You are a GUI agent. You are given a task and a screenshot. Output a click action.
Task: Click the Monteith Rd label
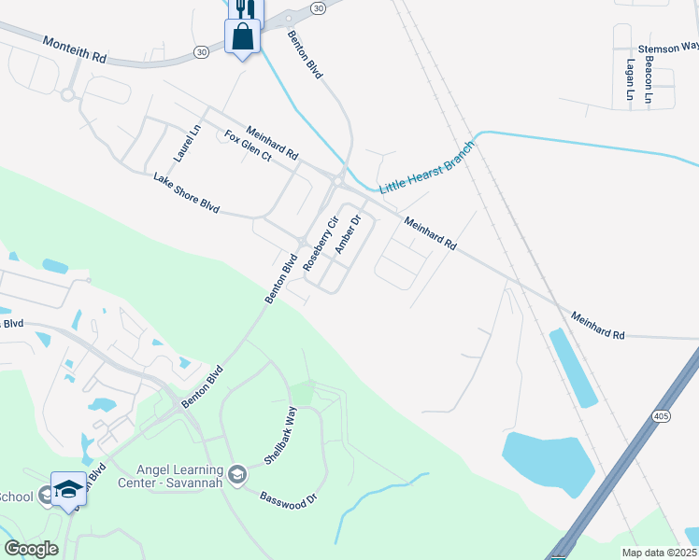75,49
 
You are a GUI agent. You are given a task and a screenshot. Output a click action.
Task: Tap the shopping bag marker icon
242,37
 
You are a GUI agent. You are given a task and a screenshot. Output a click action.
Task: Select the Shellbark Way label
279,435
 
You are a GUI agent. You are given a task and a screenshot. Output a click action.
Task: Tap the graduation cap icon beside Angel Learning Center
237,474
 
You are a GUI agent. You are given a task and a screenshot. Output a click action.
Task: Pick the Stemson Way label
667,47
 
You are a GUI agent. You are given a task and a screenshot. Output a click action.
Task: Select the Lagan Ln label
630,80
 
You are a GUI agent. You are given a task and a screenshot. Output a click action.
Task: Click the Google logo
31,549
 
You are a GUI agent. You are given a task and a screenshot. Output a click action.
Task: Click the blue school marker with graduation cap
69,489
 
